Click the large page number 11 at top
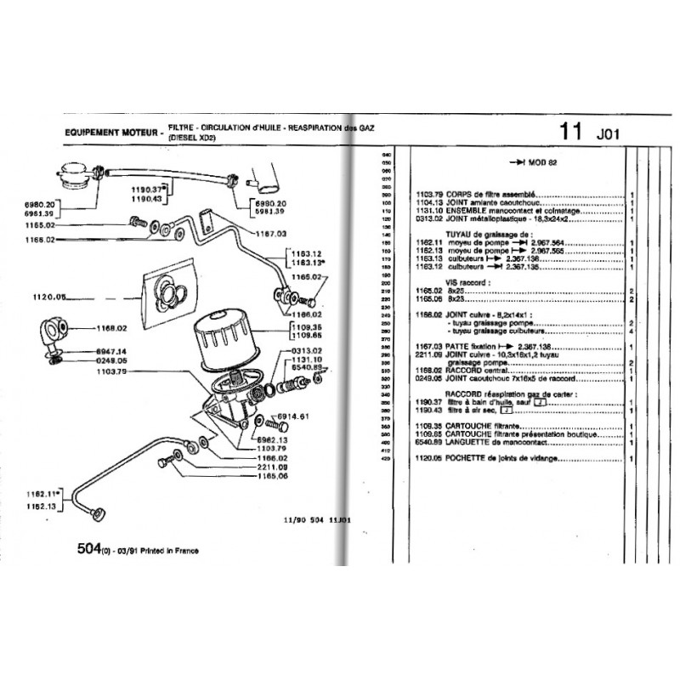pos(571,132)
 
